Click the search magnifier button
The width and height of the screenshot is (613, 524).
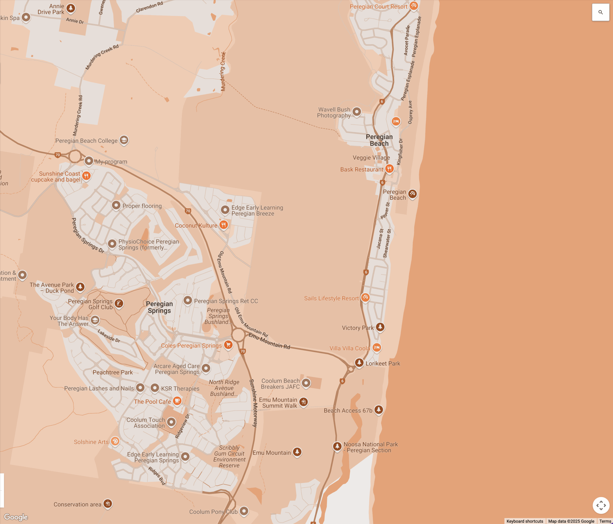click(600, 12)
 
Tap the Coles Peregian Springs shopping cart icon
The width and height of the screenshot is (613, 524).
click(228, 345)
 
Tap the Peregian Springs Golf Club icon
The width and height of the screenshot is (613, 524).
click(119, 303)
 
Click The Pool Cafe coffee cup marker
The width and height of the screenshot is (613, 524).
click(177, 401)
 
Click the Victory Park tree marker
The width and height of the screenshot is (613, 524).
click(380, 327)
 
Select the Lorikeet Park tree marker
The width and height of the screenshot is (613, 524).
click(359, 362)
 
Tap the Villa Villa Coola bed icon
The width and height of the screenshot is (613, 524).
click(377, 347)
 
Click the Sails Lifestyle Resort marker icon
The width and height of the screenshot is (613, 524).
click(365, 297)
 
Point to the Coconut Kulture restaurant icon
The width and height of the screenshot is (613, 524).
click(224, 225)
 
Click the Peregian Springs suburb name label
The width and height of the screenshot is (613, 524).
click(159, 307)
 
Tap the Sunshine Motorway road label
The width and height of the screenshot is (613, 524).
click(254, 403)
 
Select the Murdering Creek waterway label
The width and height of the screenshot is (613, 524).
click(223, 72)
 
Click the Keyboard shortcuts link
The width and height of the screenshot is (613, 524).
click(525, 521)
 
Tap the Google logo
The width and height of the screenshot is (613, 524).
click(16, 517)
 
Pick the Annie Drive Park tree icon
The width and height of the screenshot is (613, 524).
click(70, 8)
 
